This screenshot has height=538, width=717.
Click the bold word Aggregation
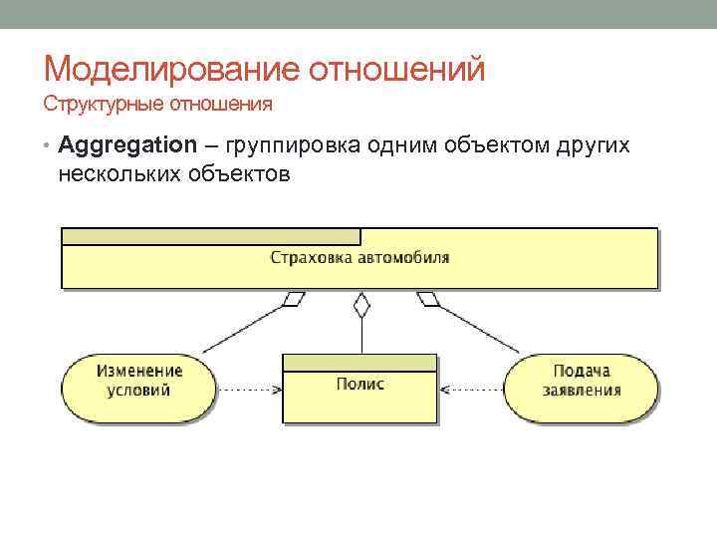pos(127,145)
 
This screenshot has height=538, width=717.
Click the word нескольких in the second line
pos(118,174)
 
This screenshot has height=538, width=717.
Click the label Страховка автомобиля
pos(359,258)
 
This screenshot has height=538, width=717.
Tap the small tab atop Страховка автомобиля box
pos(210,236)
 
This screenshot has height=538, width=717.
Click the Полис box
pos(359,389)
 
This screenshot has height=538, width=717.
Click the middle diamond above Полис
pos(362,304)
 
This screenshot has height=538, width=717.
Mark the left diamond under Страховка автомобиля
pos(294,298)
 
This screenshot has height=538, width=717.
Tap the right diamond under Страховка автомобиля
pos(428,298)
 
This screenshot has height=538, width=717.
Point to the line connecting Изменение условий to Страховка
pos(244,327)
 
